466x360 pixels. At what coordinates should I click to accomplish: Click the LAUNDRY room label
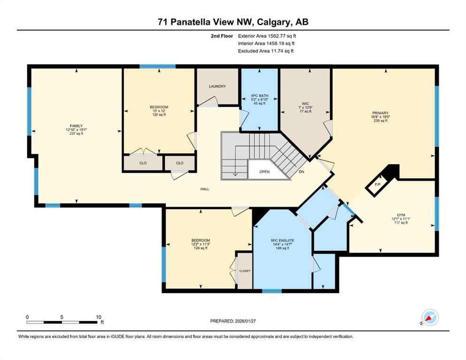(217, 86)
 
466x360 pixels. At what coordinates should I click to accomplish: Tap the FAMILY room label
(76, 126)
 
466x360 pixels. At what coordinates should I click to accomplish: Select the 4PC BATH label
(260, 96)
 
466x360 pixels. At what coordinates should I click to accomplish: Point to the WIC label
(305, 104)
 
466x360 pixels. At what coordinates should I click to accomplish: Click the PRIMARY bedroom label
(381, 113)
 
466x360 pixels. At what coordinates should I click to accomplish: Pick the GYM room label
(401, 215)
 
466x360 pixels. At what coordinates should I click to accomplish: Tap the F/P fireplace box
(378, 185)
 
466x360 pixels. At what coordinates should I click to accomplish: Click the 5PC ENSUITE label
(283, 240)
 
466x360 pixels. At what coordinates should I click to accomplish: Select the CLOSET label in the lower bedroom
(245, 271)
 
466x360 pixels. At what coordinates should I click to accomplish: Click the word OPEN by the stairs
(265, 172)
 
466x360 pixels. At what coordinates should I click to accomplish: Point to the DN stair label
(301, 172)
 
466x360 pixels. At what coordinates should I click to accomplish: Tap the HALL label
(205, 189)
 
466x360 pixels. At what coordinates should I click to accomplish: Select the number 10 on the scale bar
(99, 317)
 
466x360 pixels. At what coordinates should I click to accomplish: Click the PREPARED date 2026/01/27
(245, 321)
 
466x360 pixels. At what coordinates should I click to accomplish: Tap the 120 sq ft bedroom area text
(159, 114)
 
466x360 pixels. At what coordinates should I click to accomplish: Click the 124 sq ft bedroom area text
(200, 248)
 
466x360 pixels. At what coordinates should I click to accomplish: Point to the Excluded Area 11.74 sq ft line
(266, 51)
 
